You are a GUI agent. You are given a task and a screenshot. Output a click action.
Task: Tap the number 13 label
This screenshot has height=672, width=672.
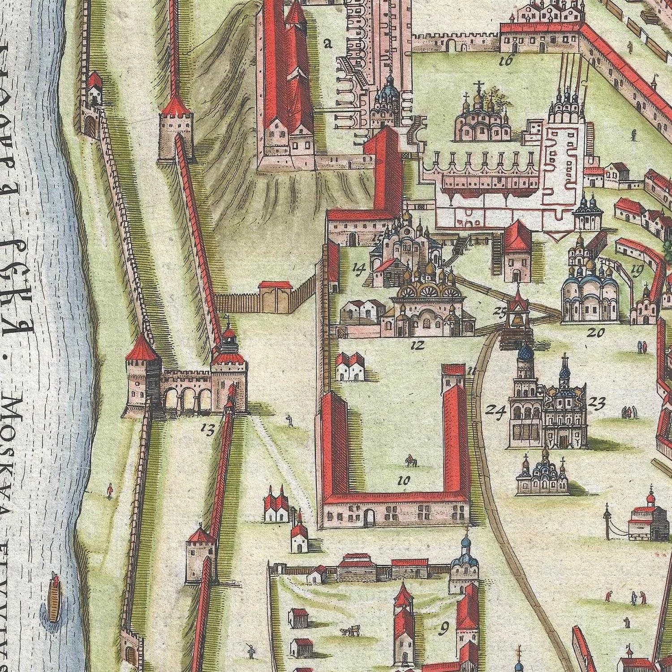point(207,429)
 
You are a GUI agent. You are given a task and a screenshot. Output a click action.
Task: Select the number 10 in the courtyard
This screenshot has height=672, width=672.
point(404,481)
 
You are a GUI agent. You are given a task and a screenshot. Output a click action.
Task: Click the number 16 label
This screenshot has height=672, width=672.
point(505,61)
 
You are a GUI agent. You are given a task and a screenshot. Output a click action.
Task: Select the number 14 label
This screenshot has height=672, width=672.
point(359,268)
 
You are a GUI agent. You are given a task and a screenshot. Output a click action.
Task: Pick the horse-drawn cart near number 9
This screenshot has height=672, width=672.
point(350,632)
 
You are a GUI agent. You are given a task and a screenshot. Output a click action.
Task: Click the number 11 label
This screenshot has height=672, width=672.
point(470,370)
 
